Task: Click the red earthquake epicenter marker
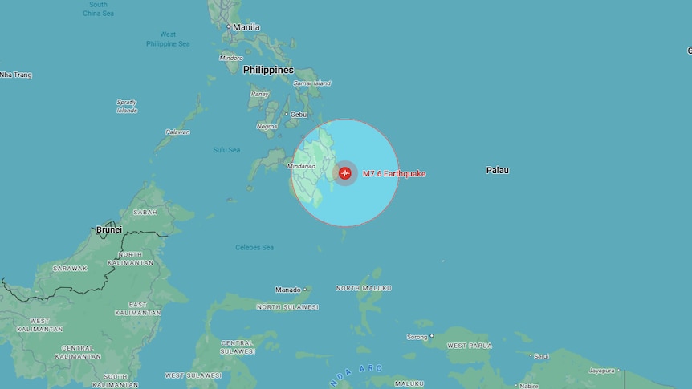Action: tap(345, 172)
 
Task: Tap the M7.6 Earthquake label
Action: tap(394, 173)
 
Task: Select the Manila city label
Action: tap(246, 27)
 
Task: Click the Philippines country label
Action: tap(268, 70)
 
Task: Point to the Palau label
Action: tap(497, 170)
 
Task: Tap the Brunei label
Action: tap(109, 229)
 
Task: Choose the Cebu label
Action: tap(299, 115)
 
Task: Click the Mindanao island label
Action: tap(301, 167)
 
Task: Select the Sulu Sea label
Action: tap(226, 150)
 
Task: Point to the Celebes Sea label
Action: tap(254, 247)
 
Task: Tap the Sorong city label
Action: tap(417, 337)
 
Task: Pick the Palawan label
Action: tap(177, 132)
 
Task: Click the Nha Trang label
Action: tap(16, 75)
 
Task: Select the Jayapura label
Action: tap(601, 371)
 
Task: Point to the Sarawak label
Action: tap(70, 269)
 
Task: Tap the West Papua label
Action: tap(469, 346)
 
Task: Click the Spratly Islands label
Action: tap(127, 106)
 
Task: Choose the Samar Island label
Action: tap(311, 83)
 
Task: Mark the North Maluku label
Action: tap(364, 288)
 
